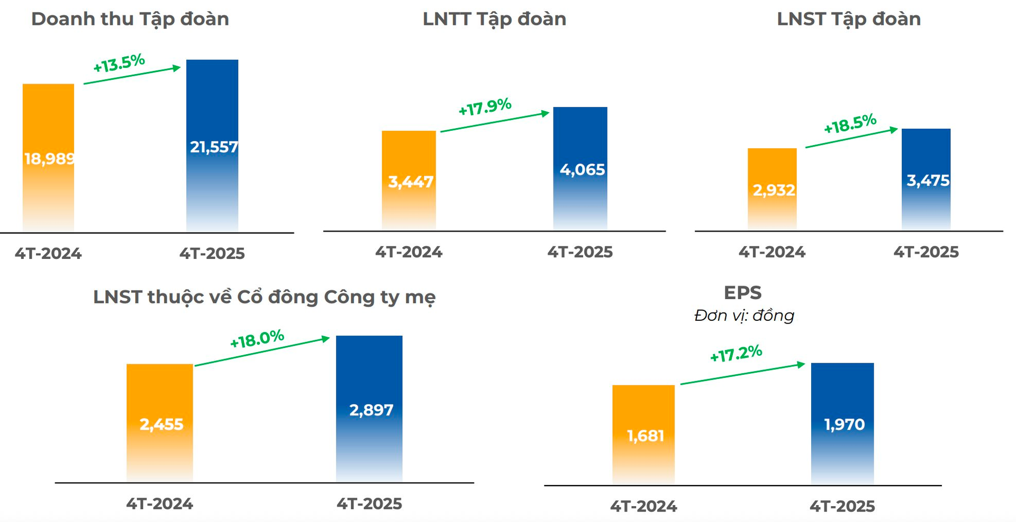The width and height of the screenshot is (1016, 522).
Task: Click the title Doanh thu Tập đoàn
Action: click(x=130, y=19)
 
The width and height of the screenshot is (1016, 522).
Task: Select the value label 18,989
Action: click(x=49, y=158)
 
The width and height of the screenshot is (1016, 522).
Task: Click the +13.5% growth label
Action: click(x=119, y=63)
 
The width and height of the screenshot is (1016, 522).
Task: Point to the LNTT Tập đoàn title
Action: click(x=494, y=19)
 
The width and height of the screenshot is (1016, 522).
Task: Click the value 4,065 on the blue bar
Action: click(x=582, y=169)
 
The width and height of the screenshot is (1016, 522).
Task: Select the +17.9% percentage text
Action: click(x=485, y=107)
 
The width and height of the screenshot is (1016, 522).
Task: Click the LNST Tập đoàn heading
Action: click(x=849, y=19)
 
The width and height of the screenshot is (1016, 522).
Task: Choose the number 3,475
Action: click(x=928, y=181)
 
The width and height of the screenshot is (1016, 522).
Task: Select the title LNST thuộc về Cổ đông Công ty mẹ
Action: click(x=264, y=297)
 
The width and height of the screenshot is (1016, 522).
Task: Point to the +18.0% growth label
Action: click(x=257, y=339)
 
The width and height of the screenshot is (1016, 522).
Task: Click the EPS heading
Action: click(x=742, y=293)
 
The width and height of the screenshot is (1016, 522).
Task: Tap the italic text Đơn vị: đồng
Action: click(x=744, y=316)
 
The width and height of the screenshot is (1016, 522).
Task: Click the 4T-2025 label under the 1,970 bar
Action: click(x=842, y=506)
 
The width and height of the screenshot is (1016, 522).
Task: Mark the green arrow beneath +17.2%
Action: click(x=742, y=374)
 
